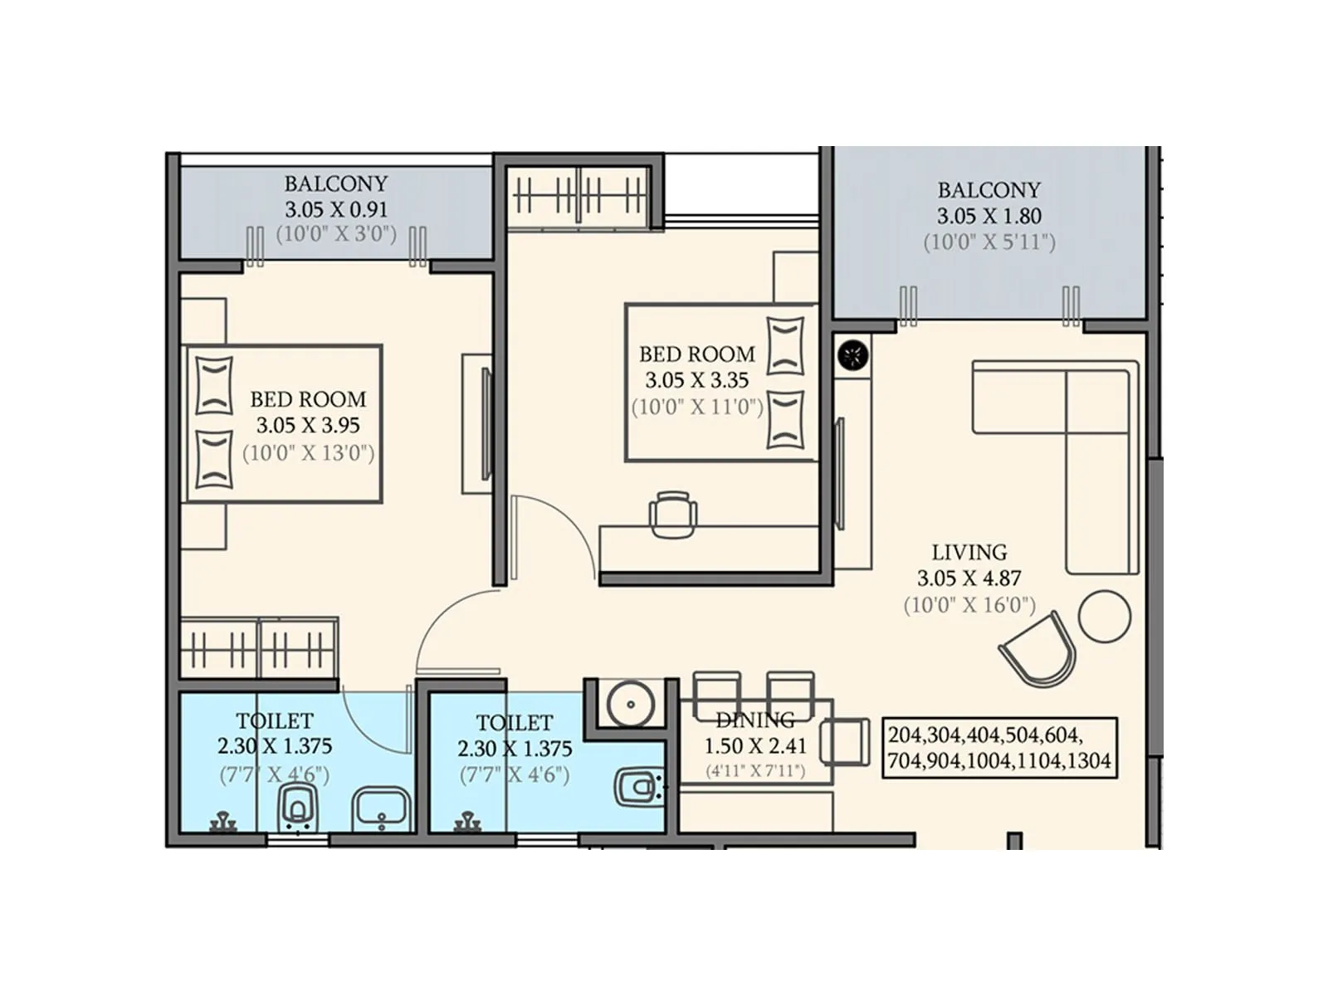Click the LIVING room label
click(969, 552)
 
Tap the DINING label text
click(754, 720)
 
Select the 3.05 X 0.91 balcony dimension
click(336, 209)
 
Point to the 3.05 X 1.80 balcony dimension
click(989, 216)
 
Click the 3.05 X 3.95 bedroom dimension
click(308, 426)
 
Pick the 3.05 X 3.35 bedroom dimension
click(696, 380)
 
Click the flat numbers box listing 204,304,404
click(999, 748)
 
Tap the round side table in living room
click(1104, 616)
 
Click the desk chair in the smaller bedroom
click(671, 514)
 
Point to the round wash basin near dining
click(631, 705)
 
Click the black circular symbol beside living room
click(852, 356)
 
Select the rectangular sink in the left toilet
click(381, 809)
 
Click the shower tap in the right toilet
click(468, 823)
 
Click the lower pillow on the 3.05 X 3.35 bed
click(785, 419)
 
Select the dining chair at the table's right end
click(843, 741)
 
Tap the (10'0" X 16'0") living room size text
click(969, 605)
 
